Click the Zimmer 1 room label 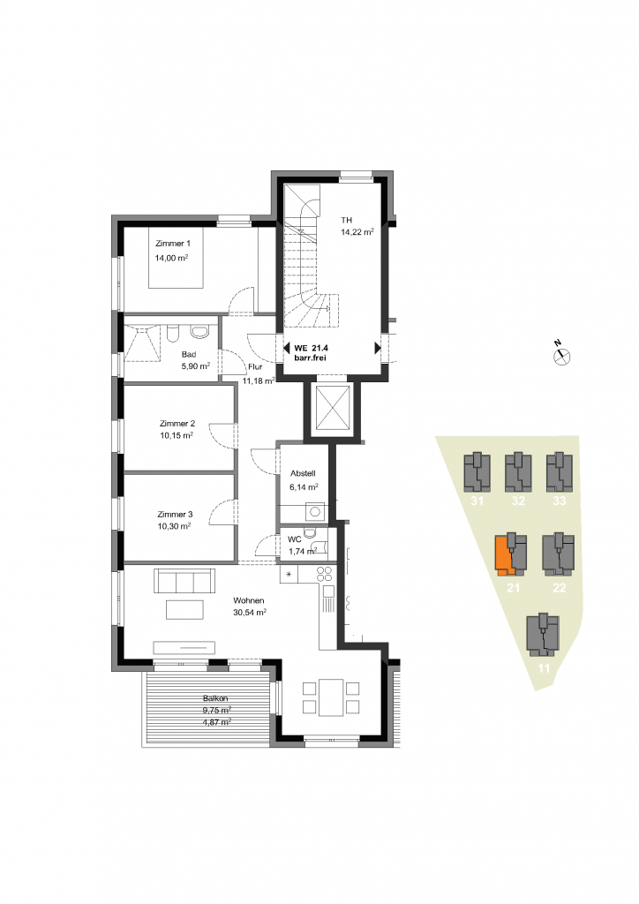click(172, 244)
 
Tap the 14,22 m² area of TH click(357, 232)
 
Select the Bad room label click(188, 355)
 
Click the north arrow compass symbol click(561, 355)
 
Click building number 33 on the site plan click(560, 501)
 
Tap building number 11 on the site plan click(544, 668)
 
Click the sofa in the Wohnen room click(184, 581)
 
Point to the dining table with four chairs click(331, 697)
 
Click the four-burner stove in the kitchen click(325, 574)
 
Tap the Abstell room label click(303, 473)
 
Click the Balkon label click(215, 698)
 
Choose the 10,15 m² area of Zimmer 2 click(177, 436)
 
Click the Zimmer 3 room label click(175, 515)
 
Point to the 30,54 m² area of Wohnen click(250, 613)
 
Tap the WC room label click(295, 539)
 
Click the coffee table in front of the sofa click(184, 609)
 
